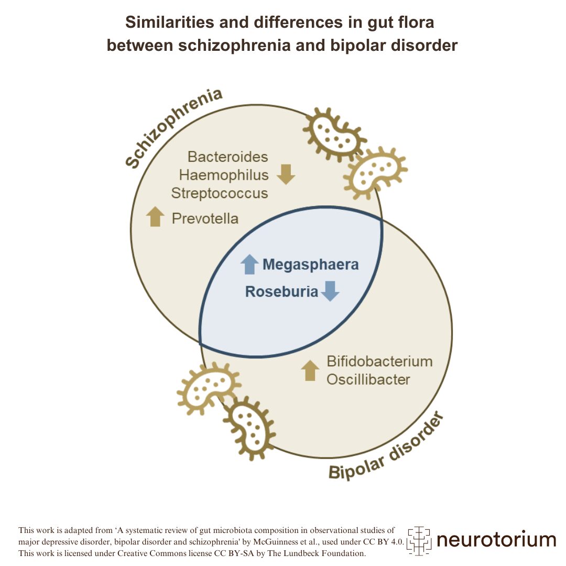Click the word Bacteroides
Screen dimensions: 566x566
(227, 157)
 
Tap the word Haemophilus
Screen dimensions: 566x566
(224, 175)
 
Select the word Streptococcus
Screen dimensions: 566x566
(220, 192)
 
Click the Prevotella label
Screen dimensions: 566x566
(205, 218)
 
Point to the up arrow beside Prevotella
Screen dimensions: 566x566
(155, 216)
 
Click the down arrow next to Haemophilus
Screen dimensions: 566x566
(286, 175)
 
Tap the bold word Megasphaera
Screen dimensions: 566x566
(310, 265)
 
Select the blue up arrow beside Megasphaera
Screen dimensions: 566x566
(249, 264)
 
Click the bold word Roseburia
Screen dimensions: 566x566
(281, 292)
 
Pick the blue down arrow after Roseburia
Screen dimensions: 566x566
(330, 291)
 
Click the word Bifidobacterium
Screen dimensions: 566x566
(379, 362)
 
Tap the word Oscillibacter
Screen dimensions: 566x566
(368, 379)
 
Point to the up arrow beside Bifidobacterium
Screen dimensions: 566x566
(310, 371)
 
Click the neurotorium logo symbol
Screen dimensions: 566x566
(419, 540)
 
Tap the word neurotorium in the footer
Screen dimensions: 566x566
(496, 539)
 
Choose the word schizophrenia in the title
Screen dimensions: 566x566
(234, 45)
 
